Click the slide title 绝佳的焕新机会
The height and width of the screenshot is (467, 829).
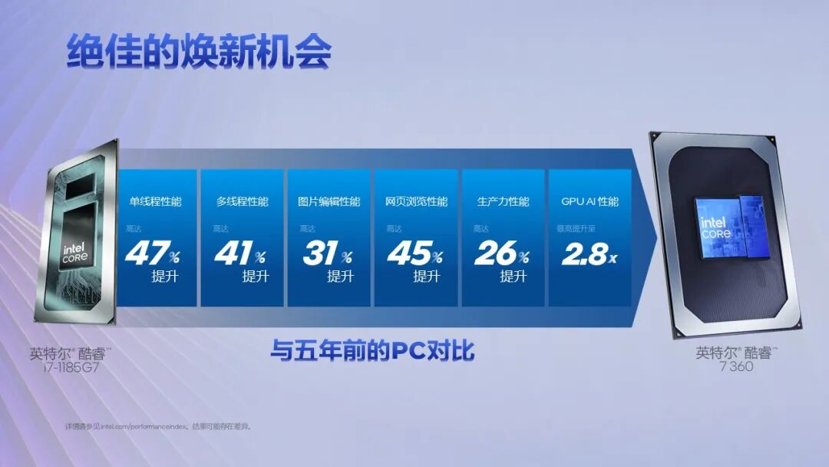pos(199,51)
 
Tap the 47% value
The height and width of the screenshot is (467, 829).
pos(151,254)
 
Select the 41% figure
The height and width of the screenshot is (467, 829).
pos(239,254)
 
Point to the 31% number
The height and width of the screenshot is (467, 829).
pos(327,254)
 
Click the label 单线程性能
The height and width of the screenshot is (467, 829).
pos(155,202)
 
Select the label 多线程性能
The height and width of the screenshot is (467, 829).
pos(243,202)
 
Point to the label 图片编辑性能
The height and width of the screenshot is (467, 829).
pos(329,202)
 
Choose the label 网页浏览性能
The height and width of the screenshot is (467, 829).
pos(416,202)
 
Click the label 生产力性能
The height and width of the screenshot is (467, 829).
pos(504,202)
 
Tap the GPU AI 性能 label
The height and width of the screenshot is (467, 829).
pos(590,202)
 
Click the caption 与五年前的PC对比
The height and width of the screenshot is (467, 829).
pos(372,351)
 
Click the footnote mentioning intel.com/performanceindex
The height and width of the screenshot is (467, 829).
pos(157,426)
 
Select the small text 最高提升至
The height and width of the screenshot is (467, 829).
pos(575,229)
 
